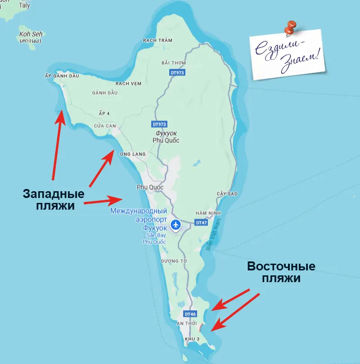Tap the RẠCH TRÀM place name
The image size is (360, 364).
(x=157, y=40)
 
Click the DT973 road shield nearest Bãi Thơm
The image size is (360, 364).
(x=178, y=72)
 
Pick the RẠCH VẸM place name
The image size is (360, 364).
(x=129, y=84)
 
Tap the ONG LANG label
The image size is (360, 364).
(x=133, y=154)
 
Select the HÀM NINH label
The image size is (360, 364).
(x=207, y=213)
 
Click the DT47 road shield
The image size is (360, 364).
(x=201, y=222)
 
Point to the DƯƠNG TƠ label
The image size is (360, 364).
(x=173, y=261)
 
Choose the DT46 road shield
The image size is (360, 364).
(x=190, y=314)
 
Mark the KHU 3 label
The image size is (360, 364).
(x=193, y=338)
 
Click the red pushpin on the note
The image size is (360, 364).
(x=290, y=27)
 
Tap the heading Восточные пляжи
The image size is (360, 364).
(x=281, y=272)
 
